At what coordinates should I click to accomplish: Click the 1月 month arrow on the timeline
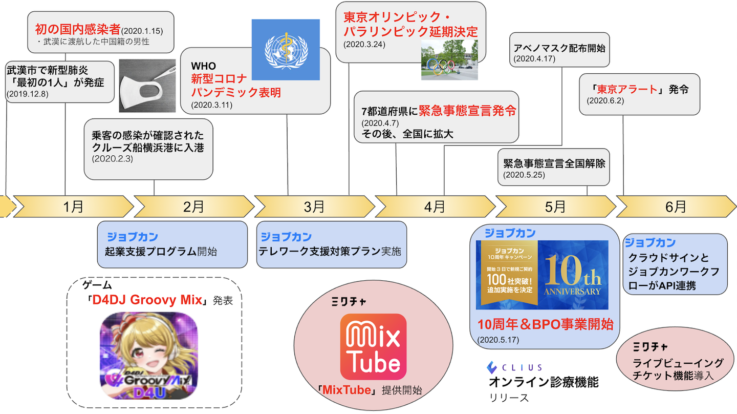pyautogui.click(x=73, y=206)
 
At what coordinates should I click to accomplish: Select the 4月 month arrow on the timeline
pyautogui.click(x=435, y=206)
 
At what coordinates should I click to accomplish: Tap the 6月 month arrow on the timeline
pyautogui.click(x=676, y=206)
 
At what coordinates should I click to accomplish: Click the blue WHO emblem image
pyautogui.click(x=286, y=50)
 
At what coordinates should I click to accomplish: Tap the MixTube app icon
pyautogui.click(x=373, y=346)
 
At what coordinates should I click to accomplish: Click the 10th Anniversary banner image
pyautogui.click(x=542, y=275)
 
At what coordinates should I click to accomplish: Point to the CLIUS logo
pyautogui.click(x=514, y=367)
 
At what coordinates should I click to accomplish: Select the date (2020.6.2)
pyautogui.click(x=605, y=101)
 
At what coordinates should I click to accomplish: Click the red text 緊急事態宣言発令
pyautogui.click(x=467, y=110)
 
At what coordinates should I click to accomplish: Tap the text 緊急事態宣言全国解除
pyautogui.click(x=554, y=164)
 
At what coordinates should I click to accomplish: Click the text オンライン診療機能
pyautogui.click(x=544, y=382)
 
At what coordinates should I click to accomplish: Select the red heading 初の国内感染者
pyautogui.click(x=77, y=29)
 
